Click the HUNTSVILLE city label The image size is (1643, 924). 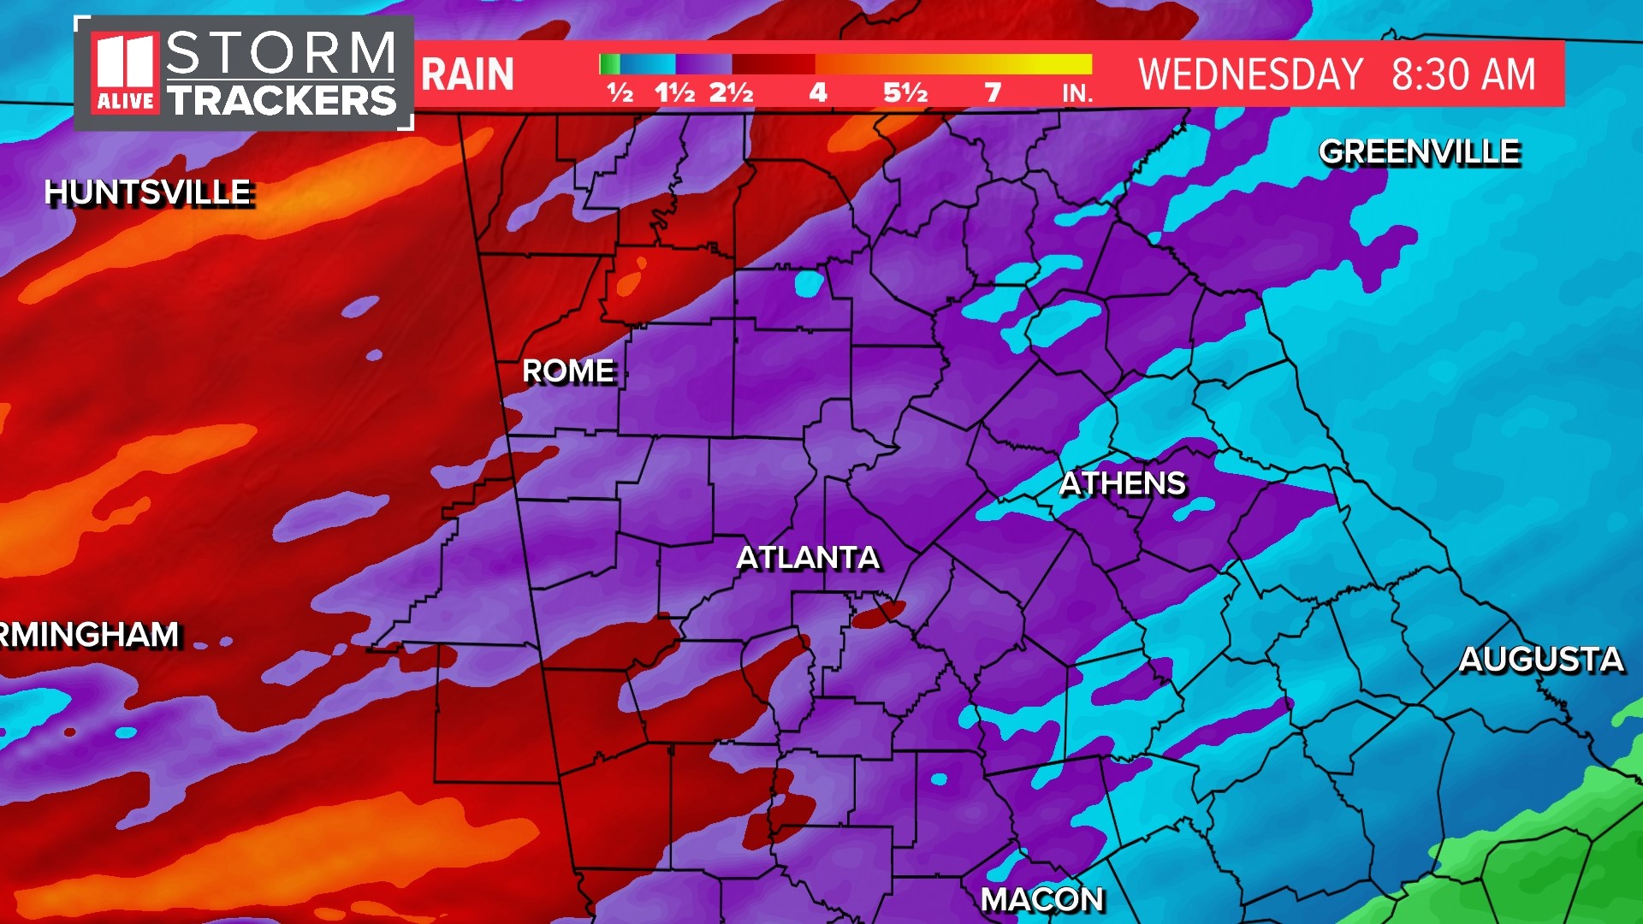pos(148,192)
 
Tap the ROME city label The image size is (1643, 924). pos(568,371)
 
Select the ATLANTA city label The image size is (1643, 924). pos(808,558)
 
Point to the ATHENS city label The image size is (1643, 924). pos(1123,483)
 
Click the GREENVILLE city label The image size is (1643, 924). pos(1419,151)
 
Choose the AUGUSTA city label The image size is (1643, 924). pos(1540,659)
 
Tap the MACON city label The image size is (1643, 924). pos(1042,899)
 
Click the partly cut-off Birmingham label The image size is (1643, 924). pos(89,635)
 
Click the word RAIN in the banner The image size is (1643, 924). pos(467,74)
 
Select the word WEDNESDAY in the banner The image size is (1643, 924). pos(1250,74)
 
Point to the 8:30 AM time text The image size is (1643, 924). pos(1463,74)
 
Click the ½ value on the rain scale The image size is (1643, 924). pos(620,92)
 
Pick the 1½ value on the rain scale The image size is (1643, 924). pos(674,92)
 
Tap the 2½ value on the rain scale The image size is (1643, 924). pos(731,92)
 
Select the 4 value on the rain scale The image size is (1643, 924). pos(818,92)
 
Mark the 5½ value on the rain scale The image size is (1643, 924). pos(905,92)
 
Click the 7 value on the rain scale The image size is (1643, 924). pos(993,92)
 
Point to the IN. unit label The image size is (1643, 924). pos(1077,93)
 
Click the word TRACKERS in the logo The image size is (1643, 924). pos(282,100)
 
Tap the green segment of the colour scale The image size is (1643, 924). pos(609,64)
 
